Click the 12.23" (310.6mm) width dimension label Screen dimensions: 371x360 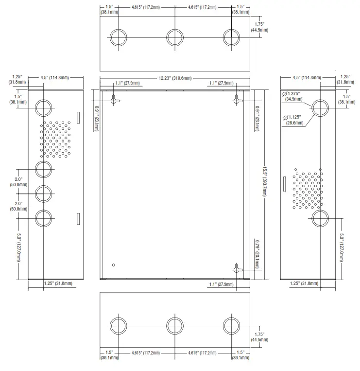click(175, 78)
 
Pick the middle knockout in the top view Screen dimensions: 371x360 click(175, 37)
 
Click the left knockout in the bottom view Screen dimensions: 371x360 click(118, 326)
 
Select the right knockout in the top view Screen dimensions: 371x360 click(231, 37)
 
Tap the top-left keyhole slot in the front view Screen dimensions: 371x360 click(115, 100)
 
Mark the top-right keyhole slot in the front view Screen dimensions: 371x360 click(237, 100)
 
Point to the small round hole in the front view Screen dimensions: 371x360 click(113, 265)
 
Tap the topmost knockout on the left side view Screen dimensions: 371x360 click(43, 106)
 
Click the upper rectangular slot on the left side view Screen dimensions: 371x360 click(77, 117)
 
